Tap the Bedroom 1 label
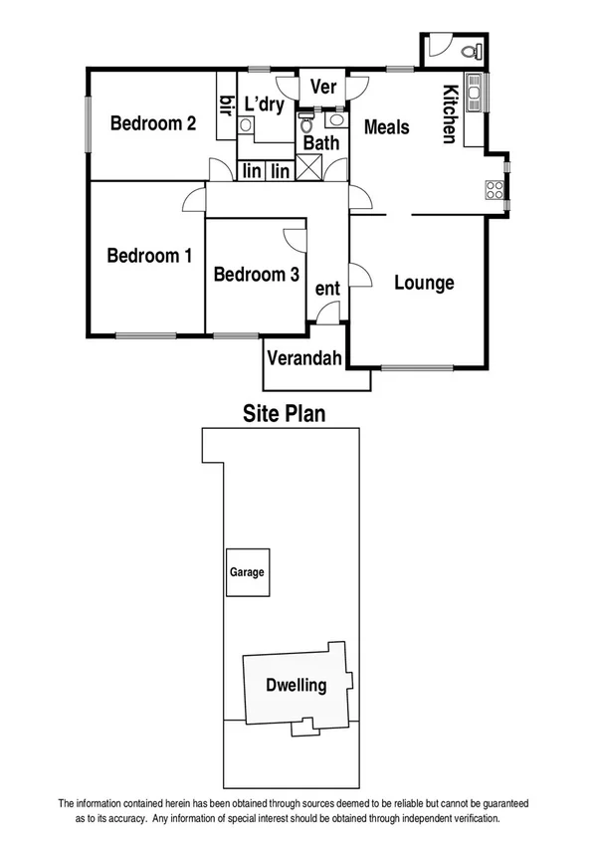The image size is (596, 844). pyautogui.click(x=149, y=256)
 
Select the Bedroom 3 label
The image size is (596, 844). pyautogui.click(x=256, y=274)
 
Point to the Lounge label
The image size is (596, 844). pyautogui.click(x=424, y=283)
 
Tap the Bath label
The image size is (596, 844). pyautogui.click(x=321, y=143)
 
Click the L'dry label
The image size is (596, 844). pyautogui.click(x=265, y=103)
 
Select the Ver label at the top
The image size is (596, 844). pyautogui.click(x=323, y=87)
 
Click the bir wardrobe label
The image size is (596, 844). pyautogui.click(x=226, y=105)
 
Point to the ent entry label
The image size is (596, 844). pyautogui.click(x=327, y=289)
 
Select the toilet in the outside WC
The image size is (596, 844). pyautogui.click(x=472, y=49)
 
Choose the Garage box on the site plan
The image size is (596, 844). pyautogui.click(x=247, y=572)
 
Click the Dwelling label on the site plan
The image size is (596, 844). pyautogui.click(x=297, y=686)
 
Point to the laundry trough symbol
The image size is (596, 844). pyautogui.click(x=246, y=125)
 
